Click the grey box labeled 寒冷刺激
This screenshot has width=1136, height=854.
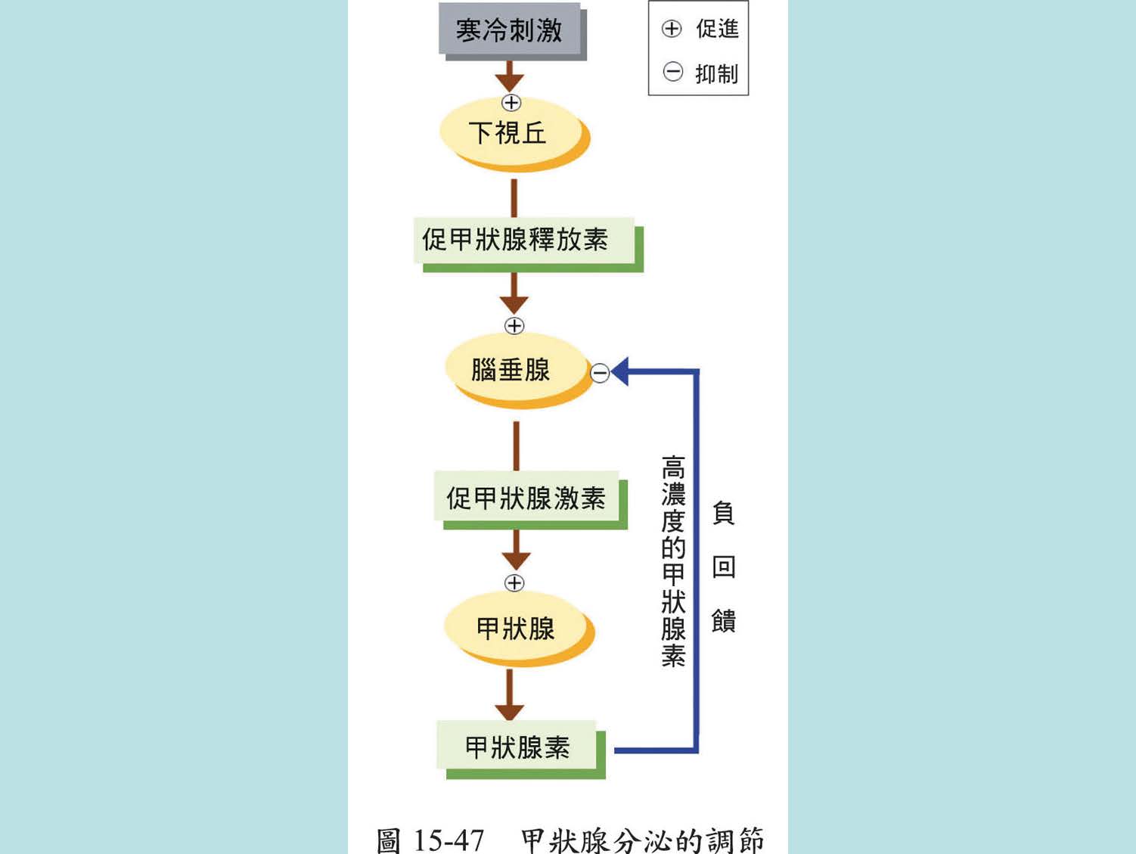click(x=508, y=30)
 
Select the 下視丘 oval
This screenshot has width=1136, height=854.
click(x=508, y=132)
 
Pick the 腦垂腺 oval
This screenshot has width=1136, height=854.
click(x=511, y=370)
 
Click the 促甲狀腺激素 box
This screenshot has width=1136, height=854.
click(x=526, y=498)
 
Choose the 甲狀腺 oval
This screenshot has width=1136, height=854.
click(x=515, y=628)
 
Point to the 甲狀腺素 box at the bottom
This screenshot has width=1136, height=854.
click(x=517, y=747)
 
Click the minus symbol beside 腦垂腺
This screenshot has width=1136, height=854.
click(x=600, y=373)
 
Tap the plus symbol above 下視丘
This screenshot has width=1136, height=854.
click(x=511, y=103)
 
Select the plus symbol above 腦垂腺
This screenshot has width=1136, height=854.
click(x=514, y=326)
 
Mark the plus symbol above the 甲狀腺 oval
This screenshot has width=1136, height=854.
click(x=514, y=583)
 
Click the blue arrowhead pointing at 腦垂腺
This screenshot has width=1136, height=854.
click(x=620, y=371)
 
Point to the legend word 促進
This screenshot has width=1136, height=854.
click(x=717, y=30)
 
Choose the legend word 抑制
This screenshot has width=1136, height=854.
click(x=716, y=74)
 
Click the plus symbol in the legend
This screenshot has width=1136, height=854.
click(x=672, y=30)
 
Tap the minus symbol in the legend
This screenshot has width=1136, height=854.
click(x=672, y=73)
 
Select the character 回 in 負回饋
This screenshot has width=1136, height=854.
click(x=724, y=567)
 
